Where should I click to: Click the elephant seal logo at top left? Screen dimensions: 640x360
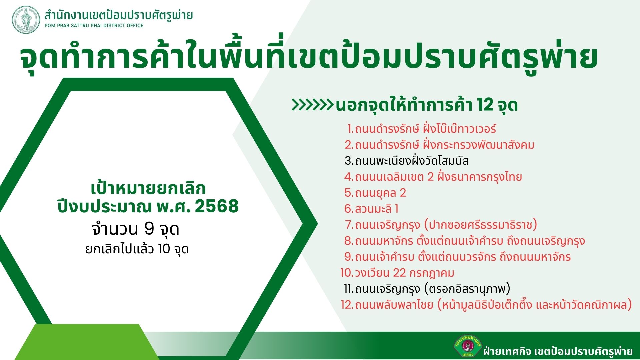click(x=26, y=20)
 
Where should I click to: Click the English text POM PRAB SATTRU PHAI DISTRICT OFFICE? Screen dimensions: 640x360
click(x=94, y=26)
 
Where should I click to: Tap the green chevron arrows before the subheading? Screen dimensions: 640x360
click(x=313, y=105)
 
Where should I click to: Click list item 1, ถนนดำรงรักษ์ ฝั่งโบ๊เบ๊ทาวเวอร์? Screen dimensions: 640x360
click(x=422, y=129)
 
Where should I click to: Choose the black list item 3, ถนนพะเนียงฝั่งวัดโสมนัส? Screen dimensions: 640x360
click(x=407, y=161)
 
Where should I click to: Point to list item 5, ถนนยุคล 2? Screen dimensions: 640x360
click(x=375, y=193)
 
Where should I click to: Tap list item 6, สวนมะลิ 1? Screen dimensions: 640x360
click(x=371, y=209)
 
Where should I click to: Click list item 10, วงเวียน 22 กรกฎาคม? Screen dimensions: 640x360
click(x=397, y=273)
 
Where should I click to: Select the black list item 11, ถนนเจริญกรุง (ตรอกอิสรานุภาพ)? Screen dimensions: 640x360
click(x=427, y=289)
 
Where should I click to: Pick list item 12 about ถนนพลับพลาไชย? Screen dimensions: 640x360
click(x=486, y=305)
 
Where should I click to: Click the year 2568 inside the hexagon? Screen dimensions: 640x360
click(x=217, y=206)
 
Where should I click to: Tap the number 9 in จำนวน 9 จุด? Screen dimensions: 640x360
click(x=149, y=229)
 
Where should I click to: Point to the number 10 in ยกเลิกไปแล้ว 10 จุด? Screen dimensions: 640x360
click(x=164, y=249)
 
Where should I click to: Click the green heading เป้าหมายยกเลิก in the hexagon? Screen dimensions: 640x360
click(x=148, y=189)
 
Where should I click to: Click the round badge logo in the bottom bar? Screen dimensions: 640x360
click(x=467, y=346)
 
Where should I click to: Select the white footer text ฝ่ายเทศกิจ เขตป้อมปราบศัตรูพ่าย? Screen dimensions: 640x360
click(x=558, y=351)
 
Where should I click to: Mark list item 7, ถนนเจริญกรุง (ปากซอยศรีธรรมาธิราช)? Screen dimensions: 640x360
click(x=441, y=225)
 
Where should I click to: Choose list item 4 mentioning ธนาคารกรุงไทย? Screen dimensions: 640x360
click(x=433, y=177)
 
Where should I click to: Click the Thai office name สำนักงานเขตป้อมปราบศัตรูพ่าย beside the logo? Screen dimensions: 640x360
click(x=119, y=15)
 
